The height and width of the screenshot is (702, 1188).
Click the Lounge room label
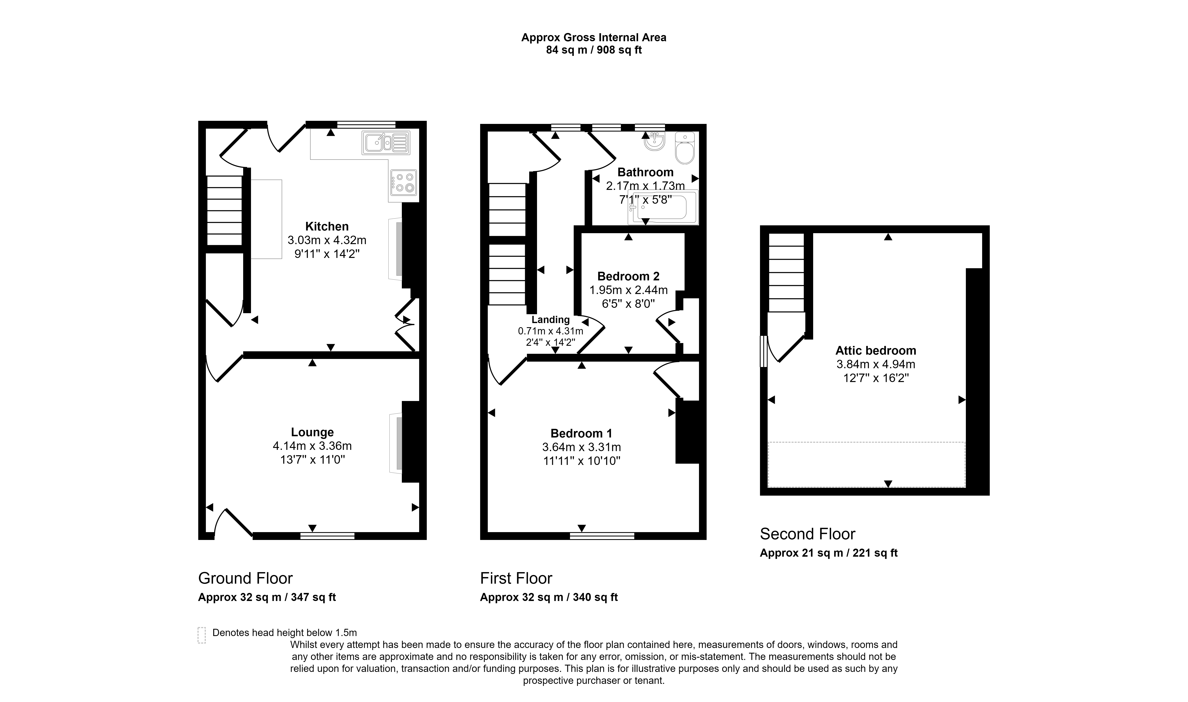[312, 432]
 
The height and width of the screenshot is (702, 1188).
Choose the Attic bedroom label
[876, 350]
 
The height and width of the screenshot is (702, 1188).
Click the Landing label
[550, 320]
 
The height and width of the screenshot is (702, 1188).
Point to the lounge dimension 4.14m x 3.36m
[312, 446]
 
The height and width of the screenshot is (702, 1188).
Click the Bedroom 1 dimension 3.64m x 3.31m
[582, 447]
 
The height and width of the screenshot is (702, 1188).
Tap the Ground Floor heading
[245, 578]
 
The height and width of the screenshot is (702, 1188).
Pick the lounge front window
[327, 536]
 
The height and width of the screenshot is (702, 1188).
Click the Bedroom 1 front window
[602, 536]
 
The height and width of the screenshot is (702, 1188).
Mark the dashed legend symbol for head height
[201, 635]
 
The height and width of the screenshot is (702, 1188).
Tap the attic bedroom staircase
[786, 273]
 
